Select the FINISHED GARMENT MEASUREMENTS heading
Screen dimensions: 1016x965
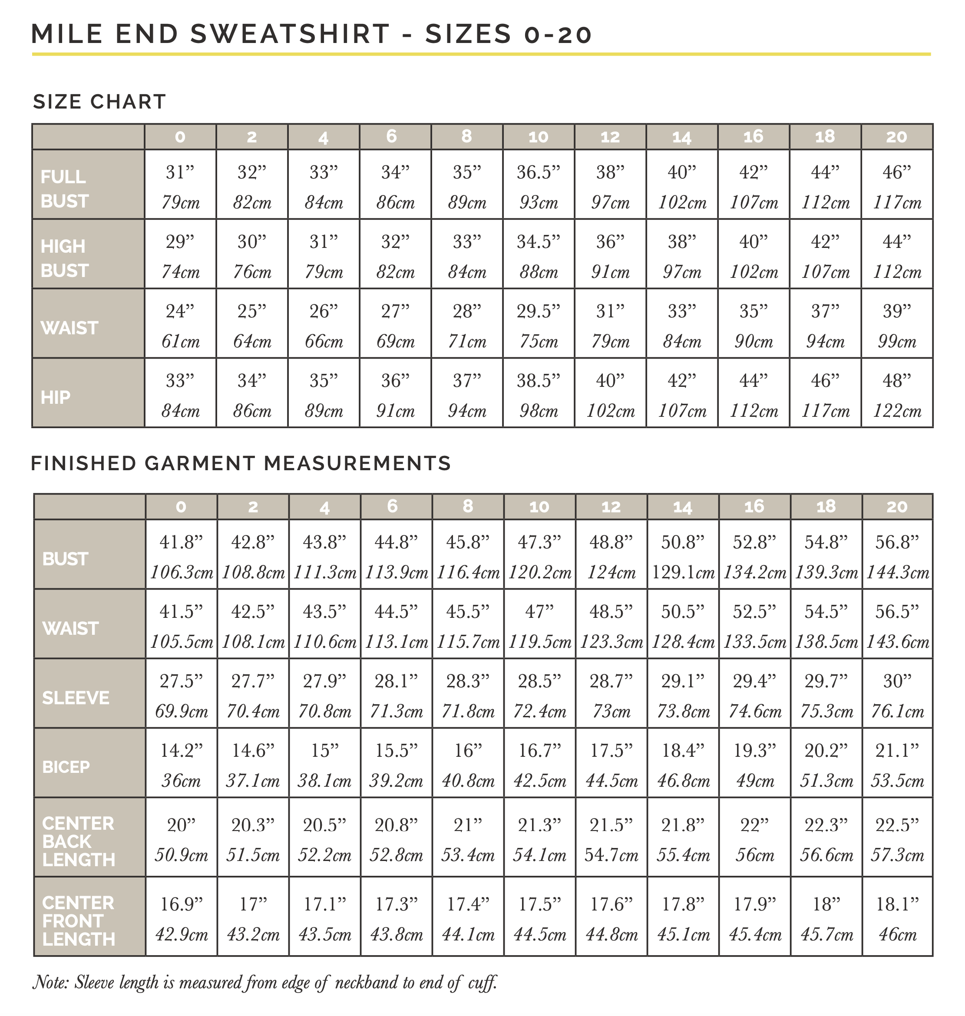tap(241, 463)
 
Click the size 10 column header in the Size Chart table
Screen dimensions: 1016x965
tap(538, 137)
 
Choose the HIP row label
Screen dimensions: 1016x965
tap(56, 397)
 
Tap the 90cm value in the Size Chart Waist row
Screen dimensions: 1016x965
tap(753, 341)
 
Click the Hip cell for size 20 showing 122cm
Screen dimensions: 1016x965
tap(896, 411)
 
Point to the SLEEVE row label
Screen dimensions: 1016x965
tap(76, 698)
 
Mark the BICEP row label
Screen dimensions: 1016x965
tap(66, 767)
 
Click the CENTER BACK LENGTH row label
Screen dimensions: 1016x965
tap(78, 841)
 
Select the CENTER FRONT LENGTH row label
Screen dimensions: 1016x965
tap(78, 921)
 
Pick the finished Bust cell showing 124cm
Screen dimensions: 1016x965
tap(611, 572)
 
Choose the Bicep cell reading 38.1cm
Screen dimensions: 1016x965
tap(324, 781)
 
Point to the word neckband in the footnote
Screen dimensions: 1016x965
tap(366, 983)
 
